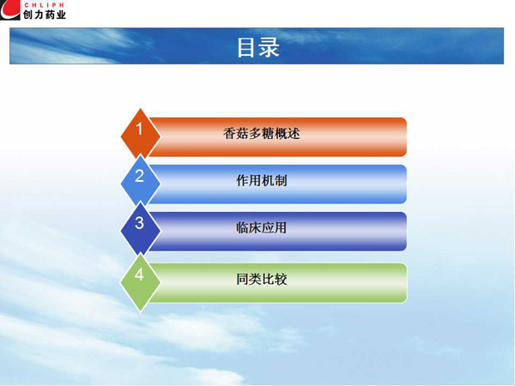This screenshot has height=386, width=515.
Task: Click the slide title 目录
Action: coord(257,47)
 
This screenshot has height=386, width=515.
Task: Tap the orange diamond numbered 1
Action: coord(141,135)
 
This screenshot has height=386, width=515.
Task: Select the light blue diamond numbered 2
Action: coord(141,183)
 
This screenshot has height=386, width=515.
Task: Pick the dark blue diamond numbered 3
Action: coord(141,230)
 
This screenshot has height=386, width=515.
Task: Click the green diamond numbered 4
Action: coord(141,282)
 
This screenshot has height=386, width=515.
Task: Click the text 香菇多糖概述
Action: coord(262,134)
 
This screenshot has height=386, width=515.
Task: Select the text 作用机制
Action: coord(262,180)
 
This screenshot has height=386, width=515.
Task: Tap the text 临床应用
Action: coord(262,228)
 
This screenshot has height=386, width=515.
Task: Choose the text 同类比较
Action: coord(262,280)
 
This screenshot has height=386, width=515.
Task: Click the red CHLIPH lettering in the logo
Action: coord(44,5)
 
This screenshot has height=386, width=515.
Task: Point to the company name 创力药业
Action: coord(45,15)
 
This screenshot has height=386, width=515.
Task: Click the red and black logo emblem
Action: coord(10,9)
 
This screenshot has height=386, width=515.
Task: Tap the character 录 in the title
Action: coord(269,47)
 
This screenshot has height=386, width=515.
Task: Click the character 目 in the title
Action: coord(246,48)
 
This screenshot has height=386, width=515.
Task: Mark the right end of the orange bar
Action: coord(407,137)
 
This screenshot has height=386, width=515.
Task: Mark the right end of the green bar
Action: coord(407,282)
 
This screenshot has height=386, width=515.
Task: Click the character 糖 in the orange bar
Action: coord(268,134)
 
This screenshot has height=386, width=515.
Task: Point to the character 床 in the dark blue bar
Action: coord(255,228)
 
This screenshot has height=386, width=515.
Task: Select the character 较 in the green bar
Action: coord(281,280)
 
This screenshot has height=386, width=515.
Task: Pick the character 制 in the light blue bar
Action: coord(281,180)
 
